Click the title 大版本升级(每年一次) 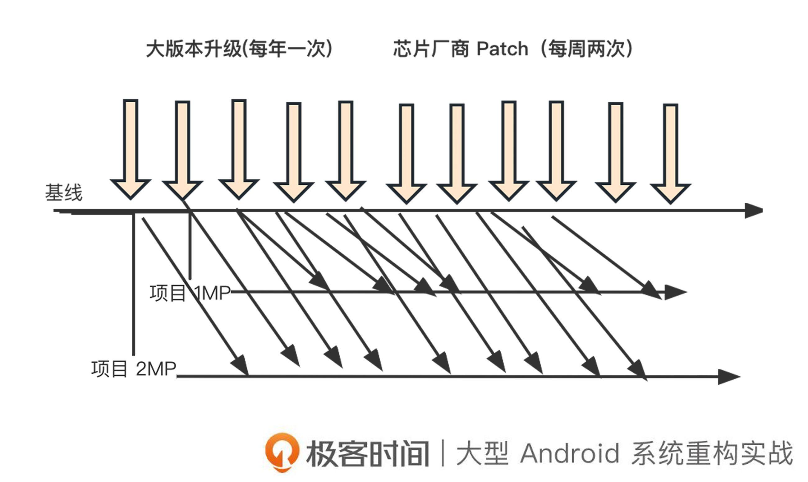pyautogui.click(x=240, y=49)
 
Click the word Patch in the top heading pyautogui.click(x=502, y=49)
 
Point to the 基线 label pyautogui.click(x=64, y=192)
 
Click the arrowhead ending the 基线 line pyautogui.click(x=753, y=211)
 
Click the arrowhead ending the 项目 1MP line pyautogui.click(x=675, y=292)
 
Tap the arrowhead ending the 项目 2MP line pyautogui.click(x=728, y=377)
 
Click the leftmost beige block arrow pyautogui.click(x=131, y=149)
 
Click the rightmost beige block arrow pyautogui.click(x=670, y=153)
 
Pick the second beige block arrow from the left pyautogui.click(x=182, y=149)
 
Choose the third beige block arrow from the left pyautogui.click(x=239, y=149)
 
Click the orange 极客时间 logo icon pyautogui.click(x=282, y=452)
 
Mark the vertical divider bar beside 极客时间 pyautogui.click(x=443, y=453)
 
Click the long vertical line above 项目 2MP pyautogui.click(x=133, y=286)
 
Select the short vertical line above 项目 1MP pyautogui.click(x=190, y=247)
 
